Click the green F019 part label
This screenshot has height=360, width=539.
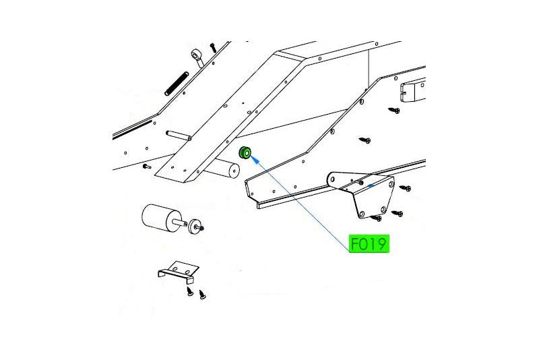point(369,243)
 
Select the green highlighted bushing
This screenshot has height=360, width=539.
point(245,152)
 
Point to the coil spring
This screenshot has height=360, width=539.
point(177,84)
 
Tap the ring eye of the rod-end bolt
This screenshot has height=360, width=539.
point(196,55)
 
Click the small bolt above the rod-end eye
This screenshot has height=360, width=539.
point(213,47)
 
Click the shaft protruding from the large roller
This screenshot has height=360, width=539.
point(181,222)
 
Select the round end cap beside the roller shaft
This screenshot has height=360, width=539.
point(194,227)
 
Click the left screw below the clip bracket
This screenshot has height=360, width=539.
point(190,293)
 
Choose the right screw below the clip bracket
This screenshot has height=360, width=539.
point(203,295)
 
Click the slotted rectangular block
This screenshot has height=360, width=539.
point(413,90)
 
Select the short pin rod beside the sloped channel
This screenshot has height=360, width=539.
point(179,136)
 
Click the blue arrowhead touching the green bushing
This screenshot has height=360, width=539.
point(255,160)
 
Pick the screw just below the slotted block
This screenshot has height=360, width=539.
point(394,111)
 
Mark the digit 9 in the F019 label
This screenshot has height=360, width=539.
point(383,244)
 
